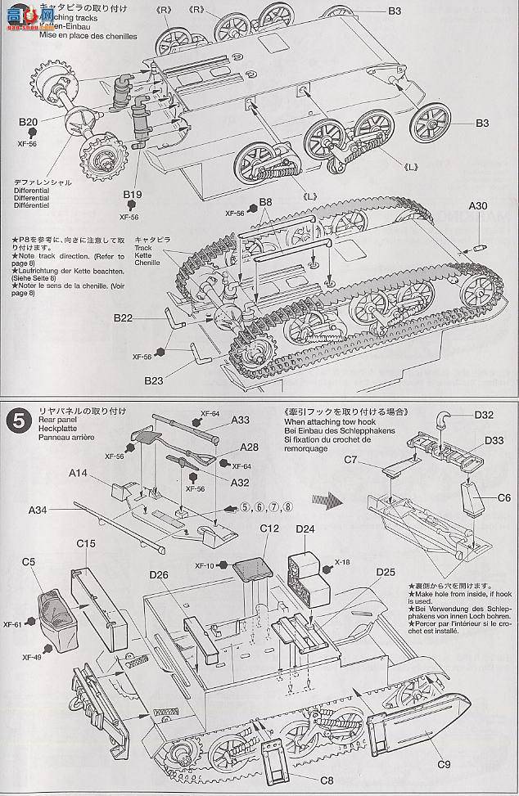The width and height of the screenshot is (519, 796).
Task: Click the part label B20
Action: coord(29,123)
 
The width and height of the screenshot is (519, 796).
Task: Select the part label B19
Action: coord(133,195)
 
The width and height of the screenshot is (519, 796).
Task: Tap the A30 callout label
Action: coord(480,206)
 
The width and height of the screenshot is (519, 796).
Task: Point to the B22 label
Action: coord(124,317)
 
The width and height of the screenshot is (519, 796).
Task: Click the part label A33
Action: coord(240,420)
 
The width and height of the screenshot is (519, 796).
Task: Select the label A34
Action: coord(38,510)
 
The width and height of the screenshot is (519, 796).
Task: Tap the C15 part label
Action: coord(87,543)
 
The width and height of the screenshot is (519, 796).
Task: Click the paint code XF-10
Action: coord(205,565)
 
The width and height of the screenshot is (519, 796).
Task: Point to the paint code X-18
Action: coord(343,564)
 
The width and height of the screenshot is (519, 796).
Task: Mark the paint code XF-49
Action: coord(33,657)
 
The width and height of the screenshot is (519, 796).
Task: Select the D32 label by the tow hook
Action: coord(484,415)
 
